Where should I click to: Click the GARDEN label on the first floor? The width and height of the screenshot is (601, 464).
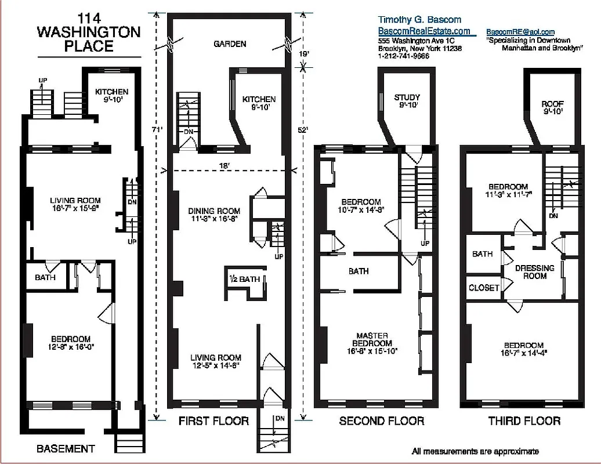pyautogui.click(x=230, y=44)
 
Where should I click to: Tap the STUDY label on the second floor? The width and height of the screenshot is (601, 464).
pyautogui.click(x=407, y=97)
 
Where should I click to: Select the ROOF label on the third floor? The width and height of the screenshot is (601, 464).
pyautogui.click(x=552, y=104)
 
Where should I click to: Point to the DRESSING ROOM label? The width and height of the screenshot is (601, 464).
pyautogui.click(x=534, y=272)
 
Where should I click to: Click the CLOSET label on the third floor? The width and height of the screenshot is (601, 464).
pyautogui.click(x=484, y=288)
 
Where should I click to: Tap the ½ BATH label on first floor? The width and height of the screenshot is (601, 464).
pyautogui.click(x=245, y=280)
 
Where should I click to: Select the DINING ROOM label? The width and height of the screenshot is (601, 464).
pyautogui.click(x=214, y=211)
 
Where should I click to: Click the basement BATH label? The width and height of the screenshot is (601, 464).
pyautogui.click(x=45, y=278)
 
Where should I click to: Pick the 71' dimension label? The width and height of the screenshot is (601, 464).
pyautogui.click(x=156, y=130)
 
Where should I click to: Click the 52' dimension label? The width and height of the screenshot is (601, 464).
pyautogui.click(x=302, y=130)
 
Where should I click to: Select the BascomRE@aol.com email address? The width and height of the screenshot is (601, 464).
pyautogui.click(x=520, y=32)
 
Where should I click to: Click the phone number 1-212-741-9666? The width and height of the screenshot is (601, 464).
pyautogui.click(x=403, y=56)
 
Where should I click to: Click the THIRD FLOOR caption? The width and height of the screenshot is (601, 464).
pyautogui.click(x=524, y=421)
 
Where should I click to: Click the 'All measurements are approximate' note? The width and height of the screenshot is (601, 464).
pyautogui.click(x=475, y=451)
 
